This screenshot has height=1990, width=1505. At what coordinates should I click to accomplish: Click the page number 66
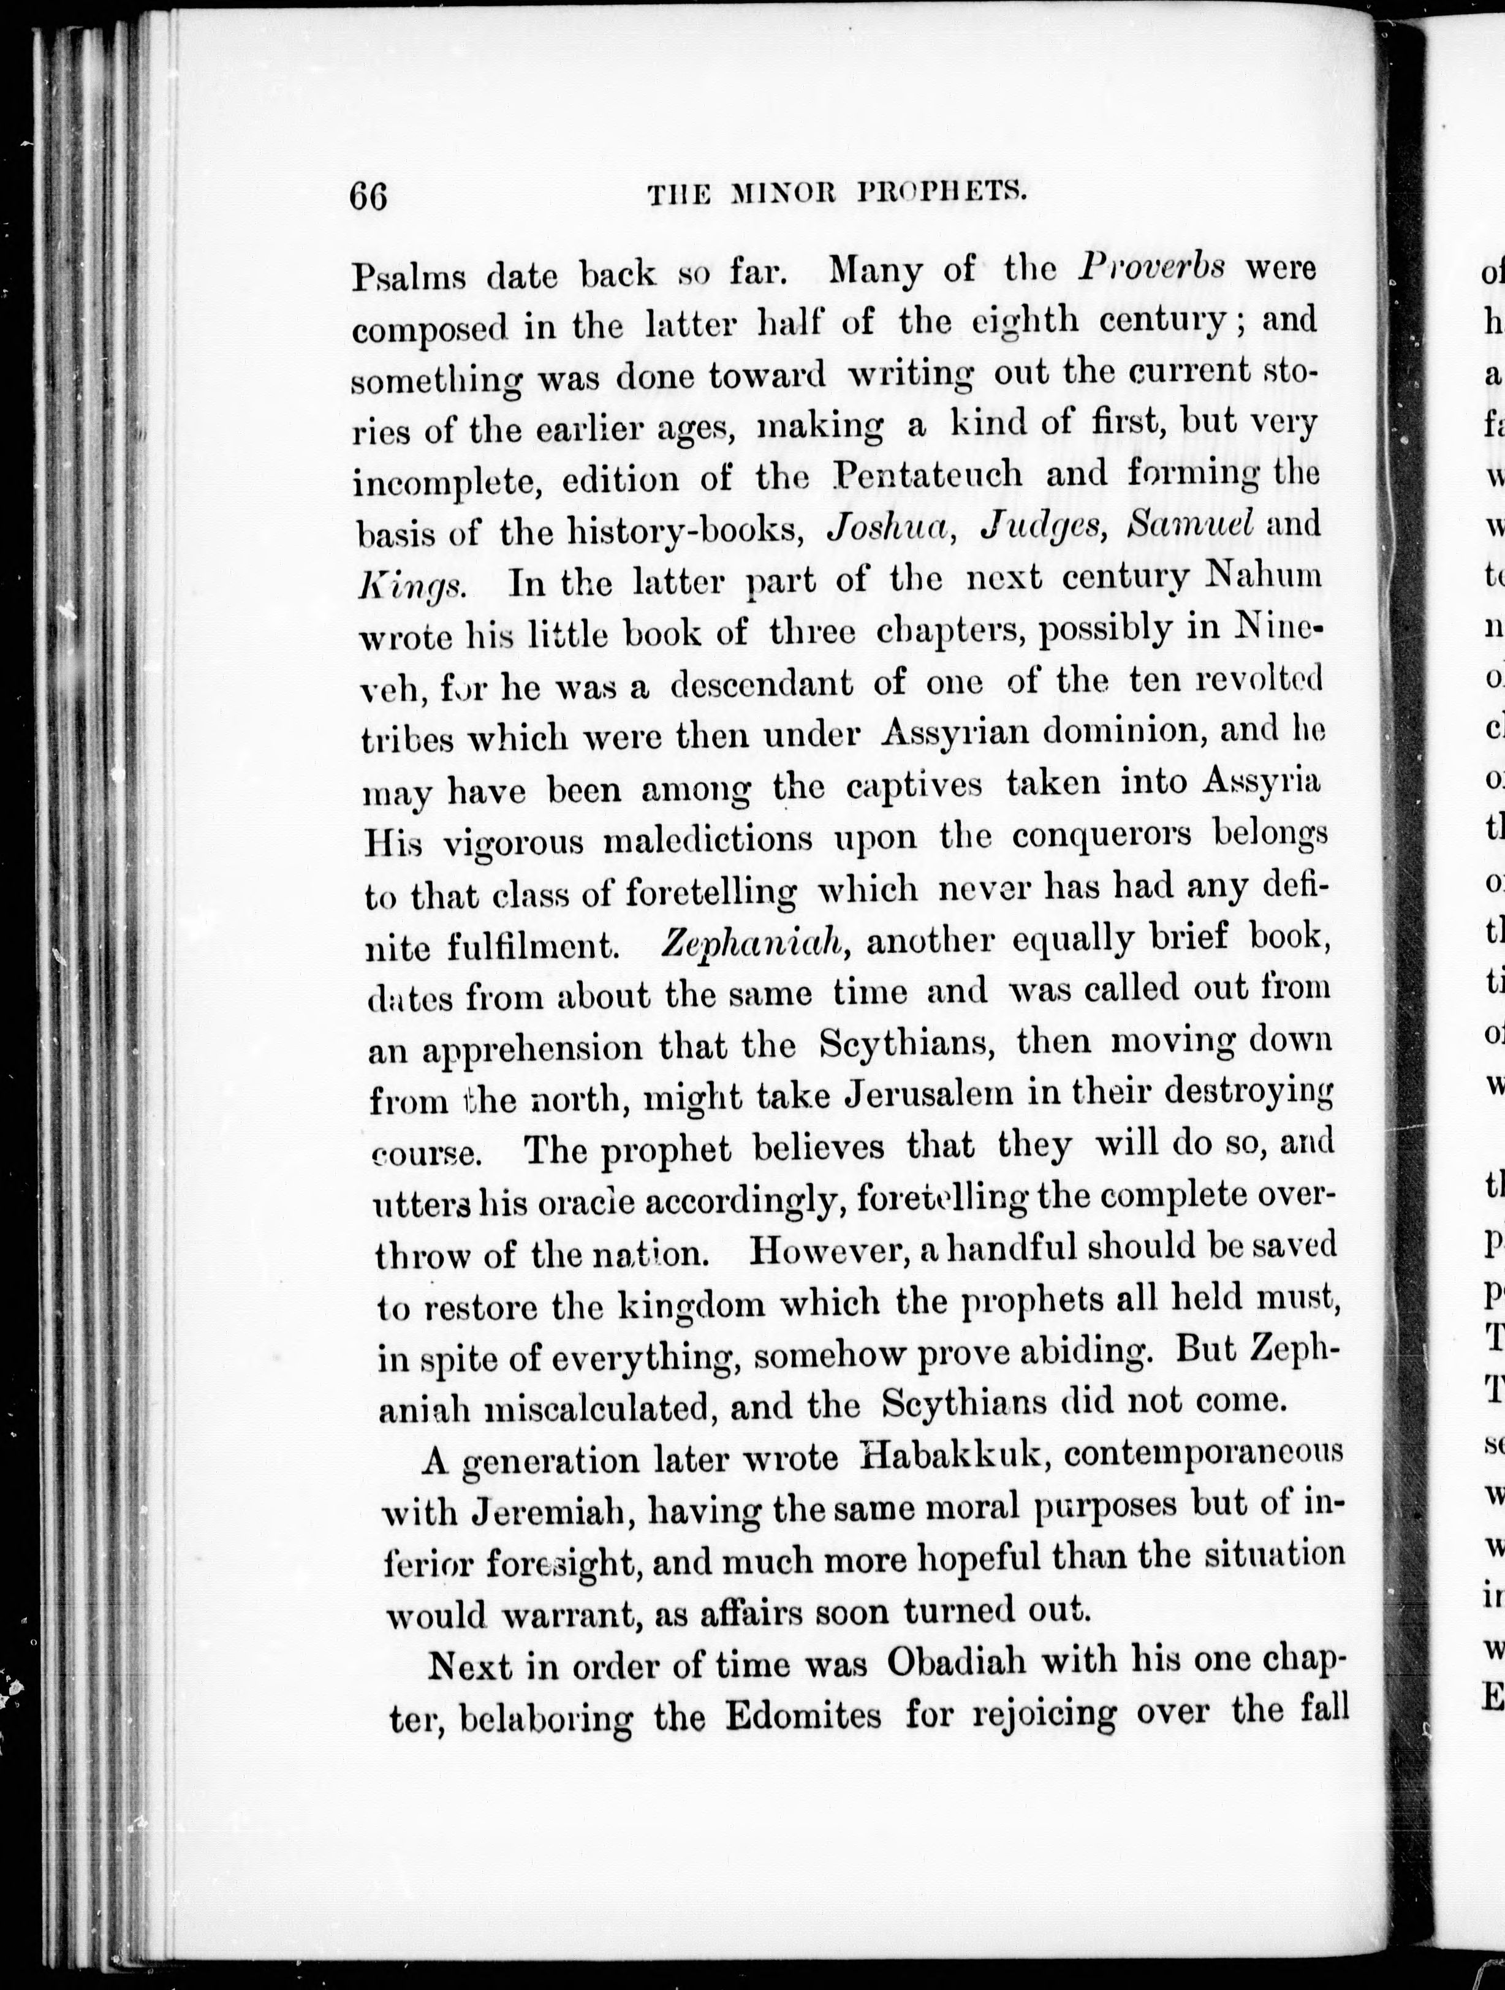coord(369,195)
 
